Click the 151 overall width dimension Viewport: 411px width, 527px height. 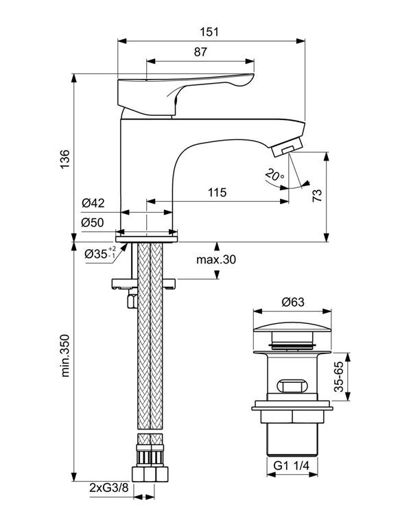click(x=209, y=32)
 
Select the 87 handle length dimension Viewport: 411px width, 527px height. click(x=200, y=52)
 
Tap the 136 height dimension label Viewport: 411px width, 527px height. click(x=64, y=159)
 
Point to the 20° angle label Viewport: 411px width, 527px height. click(x=274, y=175)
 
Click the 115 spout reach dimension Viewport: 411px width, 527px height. click(x=217, y=193)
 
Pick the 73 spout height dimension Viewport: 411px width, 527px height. click(x=317, y=196)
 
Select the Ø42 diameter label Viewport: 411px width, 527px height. click(x=93, y=203)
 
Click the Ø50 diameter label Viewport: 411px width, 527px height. click(x=93, y=222)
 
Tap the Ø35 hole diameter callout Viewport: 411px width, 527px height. click(x=100, y=253)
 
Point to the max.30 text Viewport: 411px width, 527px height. click(x=216, y=259)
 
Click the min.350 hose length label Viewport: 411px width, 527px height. click(x=65, y=355)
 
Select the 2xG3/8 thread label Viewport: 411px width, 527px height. click(x=109, y=488)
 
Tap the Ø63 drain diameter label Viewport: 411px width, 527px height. click(x=293, y=302)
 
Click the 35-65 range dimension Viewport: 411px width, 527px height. click(x=339, y=377)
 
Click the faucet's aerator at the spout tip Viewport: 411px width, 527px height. click(x=287, y=148)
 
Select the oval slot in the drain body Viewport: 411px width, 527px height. click(x=292, y=386)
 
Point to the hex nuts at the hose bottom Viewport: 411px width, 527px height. click(x=150, y=474)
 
